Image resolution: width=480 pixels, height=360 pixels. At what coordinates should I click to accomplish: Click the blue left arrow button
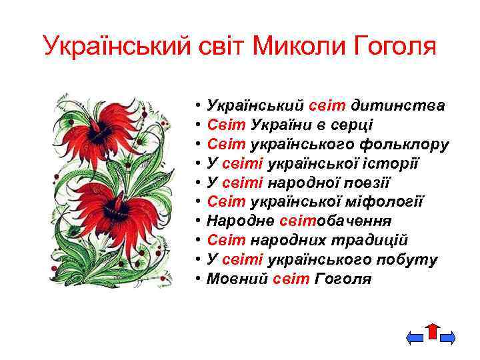point(415,339)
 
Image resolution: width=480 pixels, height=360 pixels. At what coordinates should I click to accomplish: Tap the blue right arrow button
point(447,339)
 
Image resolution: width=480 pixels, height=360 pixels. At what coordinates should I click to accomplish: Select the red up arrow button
point(432,333)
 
